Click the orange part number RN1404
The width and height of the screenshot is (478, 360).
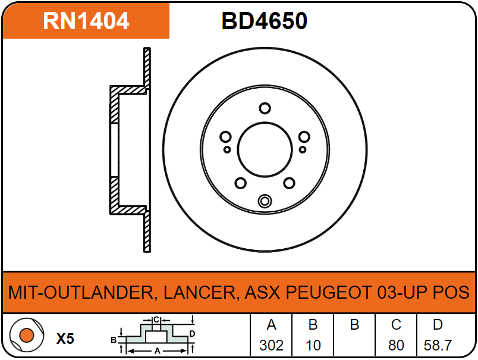pos(86,21)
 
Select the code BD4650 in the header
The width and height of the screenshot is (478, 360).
pos(265,21)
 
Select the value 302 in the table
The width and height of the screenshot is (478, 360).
pos(272,345)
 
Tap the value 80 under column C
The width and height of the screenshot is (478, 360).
pos(396,345)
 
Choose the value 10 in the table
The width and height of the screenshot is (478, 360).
pos(313,345)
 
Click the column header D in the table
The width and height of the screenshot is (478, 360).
pos(438,325)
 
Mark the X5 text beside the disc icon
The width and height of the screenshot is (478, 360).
pos(65,339)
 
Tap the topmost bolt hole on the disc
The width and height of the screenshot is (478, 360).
pos(265,108)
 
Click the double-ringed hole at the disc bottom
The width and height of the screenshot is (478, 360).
pos(265,201)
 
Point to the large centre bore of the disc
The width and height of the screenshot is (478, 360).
pos(265,150)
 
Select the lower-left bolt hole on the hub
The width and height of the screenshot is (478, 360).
pos(241,183)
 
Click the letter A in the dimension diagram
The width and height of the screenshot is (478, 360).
pos(158,351)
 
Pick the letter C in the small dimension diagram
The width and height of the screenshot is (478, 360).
pos(156,320)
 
